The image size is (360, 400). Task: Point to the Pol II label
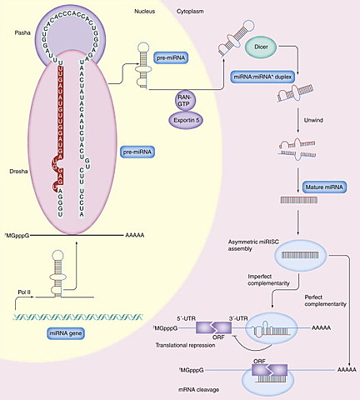pos(26,293)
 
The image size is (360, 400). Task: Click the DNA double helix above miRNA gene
pos(67,316)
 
